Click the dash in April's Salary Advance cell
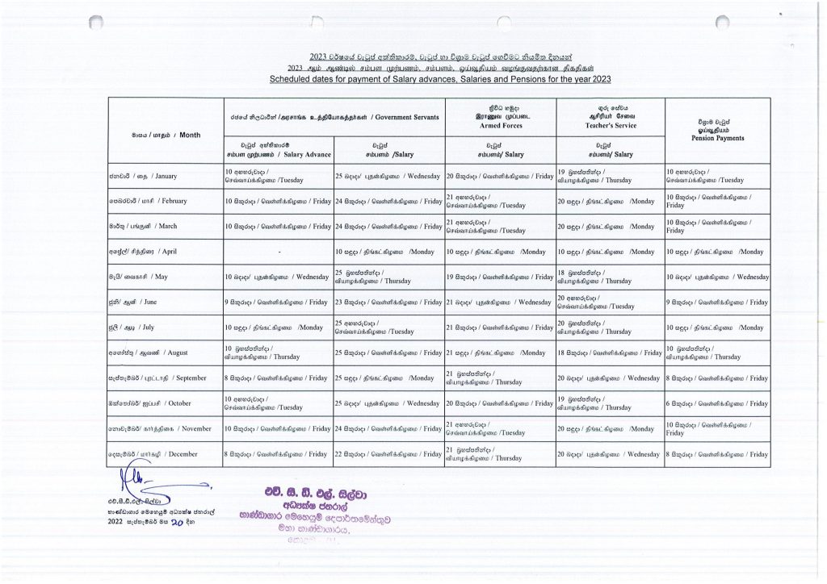277,252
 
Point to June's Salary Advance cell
278,302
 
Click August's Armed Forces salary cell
499,353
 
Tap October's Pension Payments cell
717,403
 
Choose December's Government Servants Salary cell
388,454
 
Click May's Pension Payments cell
717,277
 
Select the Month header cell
166,135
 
